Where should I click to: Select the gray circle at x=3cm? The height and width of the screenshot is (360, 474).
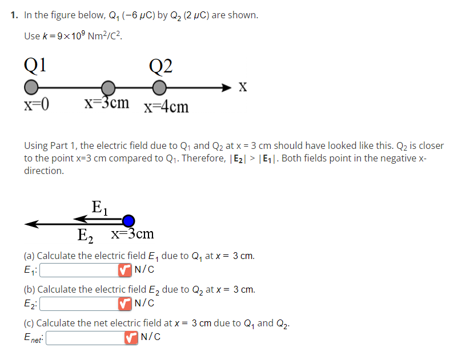click(109, 88)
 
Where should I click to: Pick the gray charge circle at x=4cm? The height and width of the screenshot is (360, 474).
click(159, 88)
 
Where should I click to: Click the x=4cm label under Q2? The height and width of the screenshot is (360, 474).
click(166, 107)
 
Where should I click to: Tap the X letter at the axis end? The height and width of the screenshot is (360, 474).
click(243, 87)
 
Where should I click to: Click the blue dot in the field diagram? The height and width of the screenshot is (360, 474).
click(129, 221)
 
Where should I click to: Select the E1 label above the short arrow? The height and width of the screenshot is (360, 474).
click(99, 206)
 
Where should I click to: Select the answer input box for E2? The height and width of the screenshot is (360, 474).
click(78, 303)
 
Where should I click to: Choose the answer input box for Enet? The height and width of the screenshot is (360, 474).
click(84, 338)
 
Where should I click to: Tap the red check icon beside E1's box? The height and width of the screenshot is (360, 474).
click(124, 269)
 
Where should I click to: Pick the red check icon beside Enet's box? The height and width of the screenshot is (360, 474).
click(131, 338)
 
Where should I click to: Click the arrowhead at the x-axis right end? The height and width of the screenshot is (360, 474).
click(228, 87)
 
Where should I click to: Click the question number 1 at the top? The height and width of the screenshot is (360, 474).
click(13, 15)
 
